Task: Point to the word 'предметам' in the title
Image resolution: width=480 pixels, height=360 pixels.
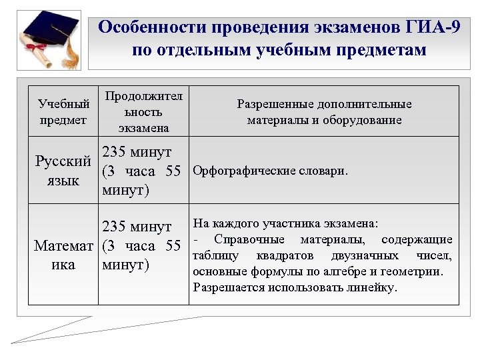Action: [x=377, y=51]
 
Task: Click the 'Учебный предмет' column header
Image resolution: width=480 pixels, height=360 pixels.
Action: [x=63, y=112]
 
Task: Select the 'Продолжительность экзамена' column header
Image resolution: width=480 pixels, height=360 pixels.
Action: [x=143, y=111]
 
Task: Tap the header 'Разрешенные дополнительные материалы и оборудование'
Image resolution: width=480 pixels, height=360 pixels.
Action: [x=324, y=112]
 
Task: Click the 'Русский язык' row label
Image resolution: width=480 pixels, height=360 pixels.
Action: [x=63, y=171]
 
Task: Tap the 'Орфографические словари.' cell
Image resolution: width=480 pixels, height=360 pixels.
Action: [x=269, y=171]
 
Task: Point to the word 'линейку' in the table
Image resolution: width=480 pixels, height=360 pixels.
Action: [x=374, y=288]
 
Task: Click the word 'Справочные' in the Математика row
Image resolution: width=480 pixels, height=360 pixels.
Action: [x=249, y=239]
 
